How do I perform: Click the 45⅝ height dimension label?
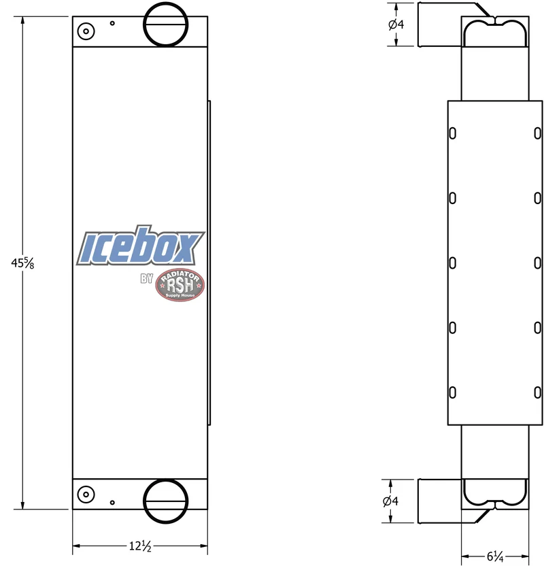pos(22,263)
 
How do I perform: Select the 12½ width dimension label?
pos(140,546)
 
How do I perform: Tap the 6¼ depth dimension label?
pos(495,556)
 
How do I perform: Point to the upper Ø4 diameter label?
pos(396,24)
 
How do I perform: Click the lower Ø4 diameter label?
pos(390,501)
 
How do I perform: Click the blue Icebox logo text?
pos(141,246)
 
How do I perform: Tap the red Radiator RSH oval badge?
pos(180,285)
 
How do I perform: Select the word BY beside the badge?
pos(147,279)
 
